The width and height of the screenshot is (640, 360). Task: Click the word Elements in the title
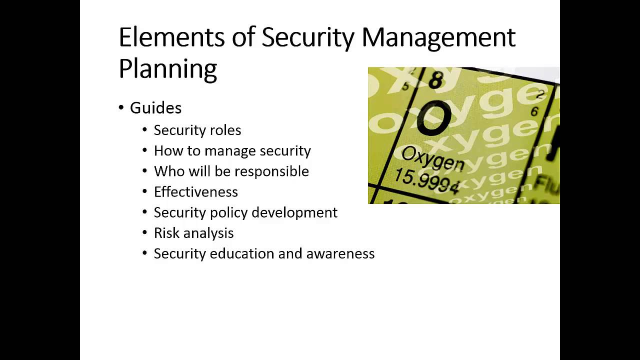[171, 37]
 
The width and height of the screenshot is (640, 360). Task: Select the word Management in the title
[438, 38]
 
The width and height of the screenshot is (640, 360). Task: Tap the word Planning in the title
[167, 69]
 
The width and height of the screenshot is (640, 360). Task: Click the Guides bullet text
[155, 108]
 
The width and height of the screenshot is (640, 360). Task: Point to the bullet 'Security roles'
[197, 130]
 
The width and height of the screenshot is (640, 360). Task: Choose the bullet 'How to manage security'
[232, 150]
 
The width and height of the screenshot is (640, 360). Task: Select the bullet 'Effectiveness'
[195, 192]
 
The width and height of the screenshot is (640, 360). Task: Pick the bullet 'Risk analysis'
[193, 233]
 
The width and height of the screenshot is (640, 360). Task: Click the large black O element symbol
[433, 118]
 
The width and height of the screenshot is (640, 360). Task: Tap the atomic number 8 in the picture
[435, 80]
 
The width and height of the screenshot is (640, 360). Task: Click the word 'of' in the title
[243, 37]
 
